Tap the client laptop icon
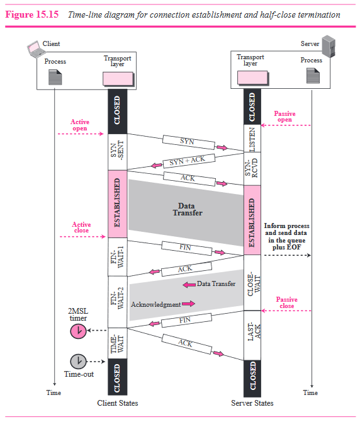[x=34, y=46]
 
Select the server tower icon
[x=327, y=46]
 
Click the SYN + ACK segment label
[x=187, y=161]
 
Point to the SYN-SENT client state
[x=118, y=151]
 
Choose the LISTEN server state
[x=252, y=138]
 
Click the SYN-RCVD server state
[x=252, y=168]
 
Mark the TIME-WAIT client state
[x=118, y=343]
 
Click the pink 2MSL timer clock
[x=78, y=331]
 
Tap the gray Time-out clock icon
[x=78, y=361]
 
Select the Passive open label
[x=284, y=117]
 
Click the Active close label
[x=81, y=227]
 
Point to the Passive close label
[x=286, y=302]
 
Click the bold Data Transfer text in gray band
[x=186, y=209]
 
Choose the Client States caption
[x=118, y=403]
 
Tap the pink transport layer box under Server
[x=250, y=77]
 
